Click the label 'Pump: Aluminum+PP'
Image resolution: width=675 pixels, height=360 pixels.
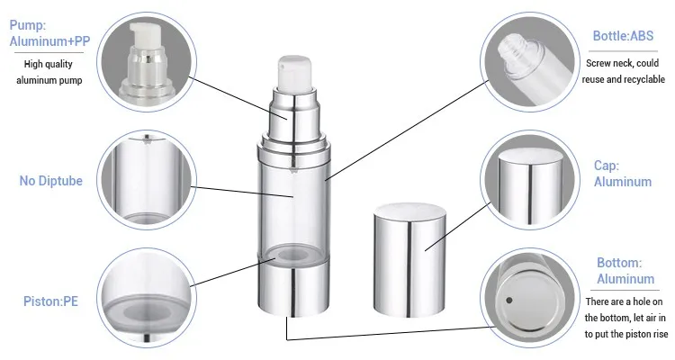(x=49, y=33)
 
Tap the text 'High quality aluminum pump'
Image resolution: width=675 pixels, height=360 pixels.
(x=49, y=72)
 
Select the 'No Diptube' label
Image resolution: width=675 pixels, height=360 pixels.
(x=50, y=180)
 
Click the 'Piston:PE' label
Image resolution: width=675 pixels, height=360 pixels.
(x=50, y=301)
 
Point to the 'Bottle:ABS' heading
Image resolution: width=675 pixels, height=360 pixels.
(x=623, y=36)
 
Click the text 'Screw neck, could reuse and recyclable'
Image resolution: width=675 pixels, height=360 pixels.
(x=623, y=71)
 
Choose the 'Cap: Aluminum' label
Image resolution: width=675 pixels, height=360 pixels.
(x=623, y=174)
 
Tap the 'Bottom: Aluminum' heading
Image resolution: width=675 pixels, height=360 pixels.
(x=625, y=270)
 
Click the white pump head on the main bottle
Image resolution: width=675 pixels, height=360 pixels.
(x=294, y=74)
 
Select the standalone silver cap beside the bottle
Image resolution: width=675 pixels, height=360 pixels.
(x=409, y=260)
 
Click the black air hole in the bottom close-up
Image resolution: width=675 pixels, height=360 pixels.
(x=508, y=300)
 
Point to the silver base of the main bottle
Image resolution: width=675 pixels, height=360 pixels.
(x=294, y=287)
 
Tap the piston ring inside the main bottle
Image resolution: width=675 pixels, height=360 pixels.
(x=293, y=255)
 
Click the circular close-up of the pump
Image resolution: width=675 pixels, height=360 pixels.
(x=147, y=62)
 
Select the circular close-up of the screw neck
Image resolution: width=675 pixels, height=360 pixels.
(x=530, y=62)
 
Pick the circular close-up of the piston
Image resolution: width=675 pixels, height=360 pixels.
(x=147, y=298)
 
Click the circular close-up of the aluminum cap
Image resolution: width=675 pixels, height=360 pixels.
(x=530, y=180)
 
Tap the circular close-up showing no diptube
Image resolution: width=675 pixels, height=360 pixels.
(x=147, y=180)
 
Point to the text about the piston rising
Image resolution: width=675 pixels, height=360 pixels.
(x=625, y=318)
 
